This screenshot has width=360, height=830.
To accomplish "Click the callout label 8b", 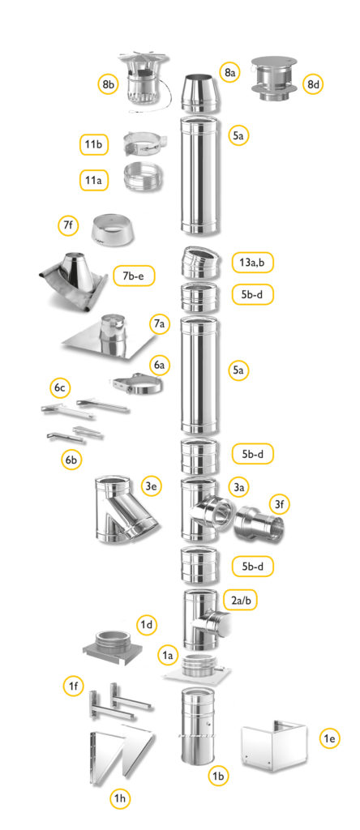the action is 107,83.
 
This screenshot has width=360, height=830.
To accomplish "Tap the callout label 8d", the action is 313,83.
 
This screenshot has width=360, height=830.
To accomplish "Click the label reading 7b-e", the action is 135,276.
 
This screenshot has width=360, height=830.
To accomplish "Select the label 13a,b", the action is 253,262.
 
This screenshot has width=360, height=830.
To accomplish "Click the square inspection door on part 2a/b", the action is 217,624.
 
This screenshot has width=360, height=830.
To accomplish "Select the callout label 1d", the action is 147,625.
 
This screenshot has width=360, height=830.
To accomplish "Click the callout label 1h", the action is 120,798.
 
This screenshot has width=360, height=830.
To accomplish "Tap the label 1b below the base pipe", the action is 218,777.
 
